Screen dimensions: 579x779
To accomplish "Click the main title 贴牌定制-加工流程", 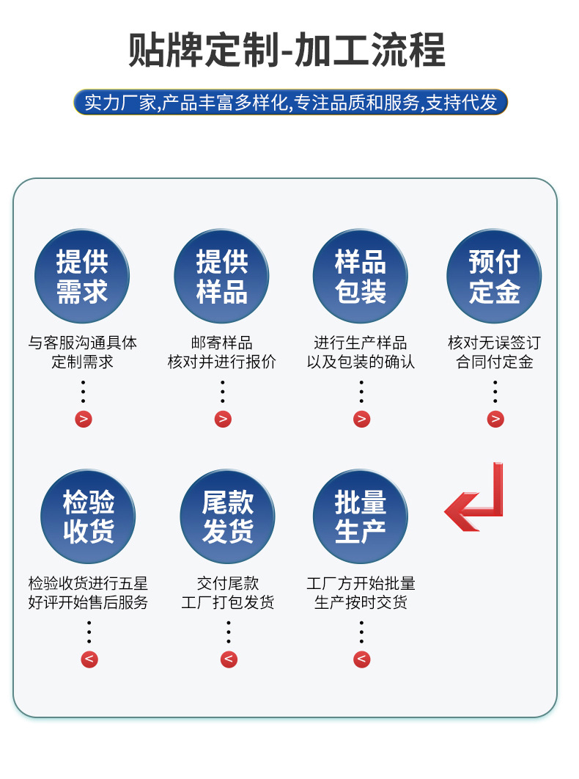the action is [287, 51].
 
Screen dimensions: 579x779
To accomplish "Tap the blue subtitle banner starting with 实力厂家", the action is [290, 102].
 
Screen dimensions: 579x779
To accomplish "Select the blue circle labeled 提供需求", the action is [82, 277].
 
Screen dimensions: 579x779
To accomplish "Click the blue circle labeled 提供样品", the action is [221, 277].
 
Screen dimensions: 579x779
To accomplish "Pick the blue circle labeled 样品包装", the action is [360, 277].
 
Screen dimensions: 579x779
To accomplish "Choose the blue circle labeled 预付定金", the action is [494, 277].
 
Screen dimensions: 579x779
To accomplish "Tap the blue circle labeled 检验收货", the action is [88, 517].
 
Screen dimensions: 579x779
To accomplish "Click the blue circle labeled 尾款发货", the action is [227, 517].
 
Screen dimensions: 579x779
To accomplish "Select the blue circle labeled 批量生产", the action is [360, 517].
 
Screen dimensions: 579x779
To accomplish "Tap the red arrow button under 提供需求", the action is [84, 419].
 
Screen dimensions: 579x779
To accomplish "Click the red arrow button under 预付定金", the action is [495, 419].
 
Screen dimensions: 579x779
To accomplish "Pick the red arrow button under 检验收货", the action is [89, 659].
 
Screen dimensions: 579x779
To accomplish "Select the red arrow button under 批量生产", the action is [361, 659].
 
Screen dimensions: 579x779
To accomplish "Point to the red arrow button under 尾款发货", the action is [229, 659].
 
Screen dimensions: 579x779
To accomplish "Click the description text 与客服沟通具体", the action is [82, 343].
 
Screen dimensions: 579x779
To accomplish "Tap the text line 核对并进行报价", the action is [221, 362].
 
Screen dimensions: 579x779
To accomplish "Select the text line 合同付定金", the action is [494, 362].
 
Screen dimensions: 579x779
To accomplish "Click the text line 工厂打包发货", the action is [227, 603].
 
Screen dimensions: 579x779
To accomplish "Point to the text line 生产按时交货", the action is [360, 603].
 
